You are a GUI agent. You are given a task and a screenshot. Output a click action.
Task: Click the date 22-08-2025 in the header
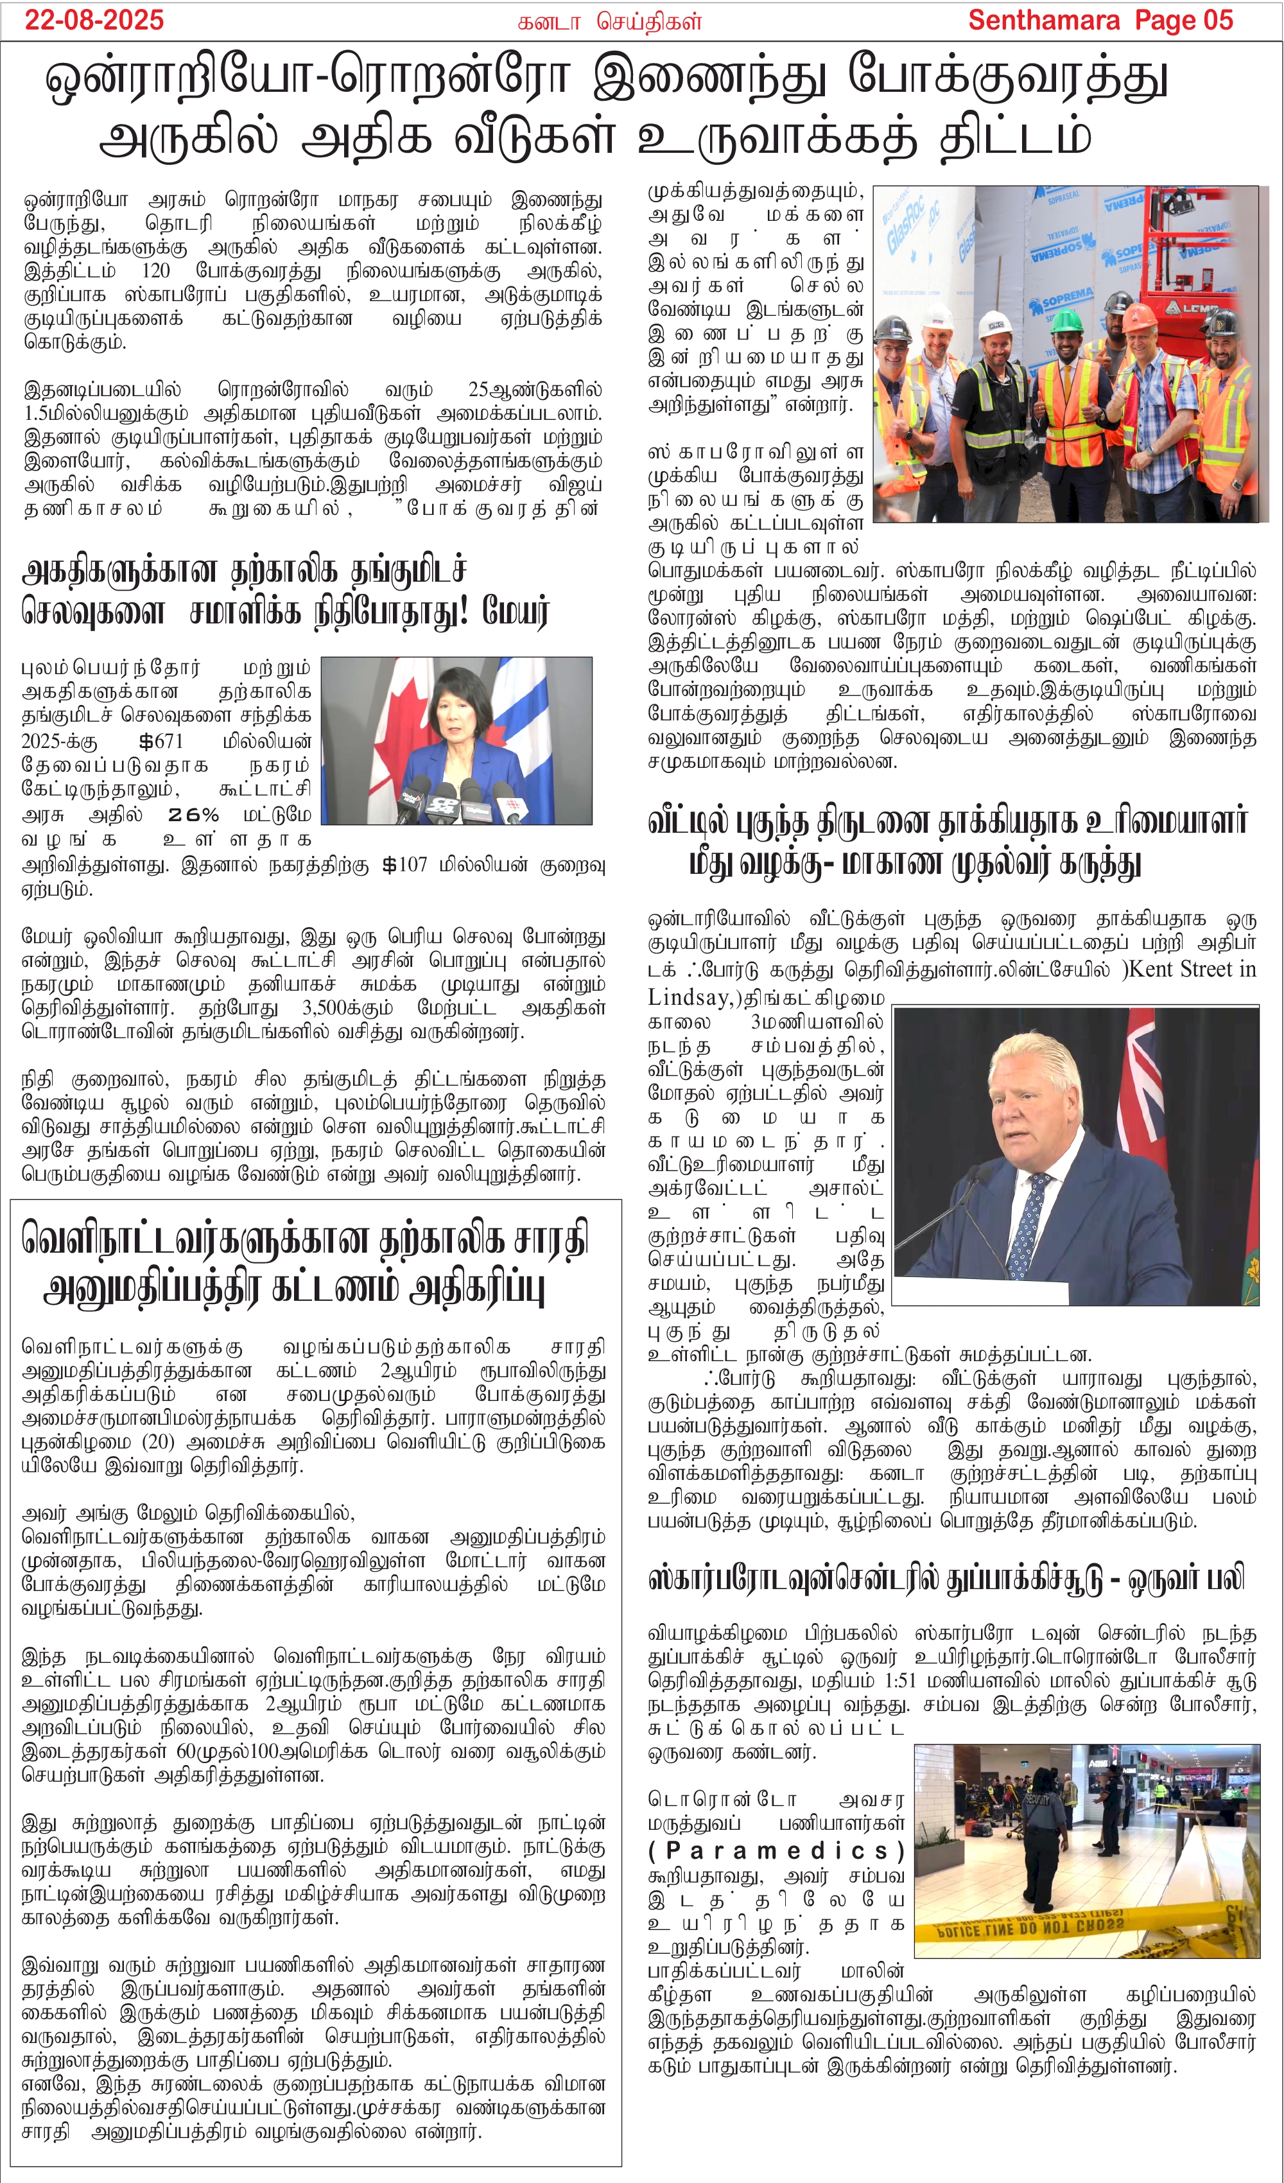pos(94,20)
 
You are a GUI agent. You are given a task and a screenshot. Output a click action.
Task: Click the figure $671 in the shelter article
pos(161,742)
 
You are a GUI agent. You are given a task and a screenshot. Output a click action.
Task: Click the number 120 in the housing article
pos(155,271)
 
